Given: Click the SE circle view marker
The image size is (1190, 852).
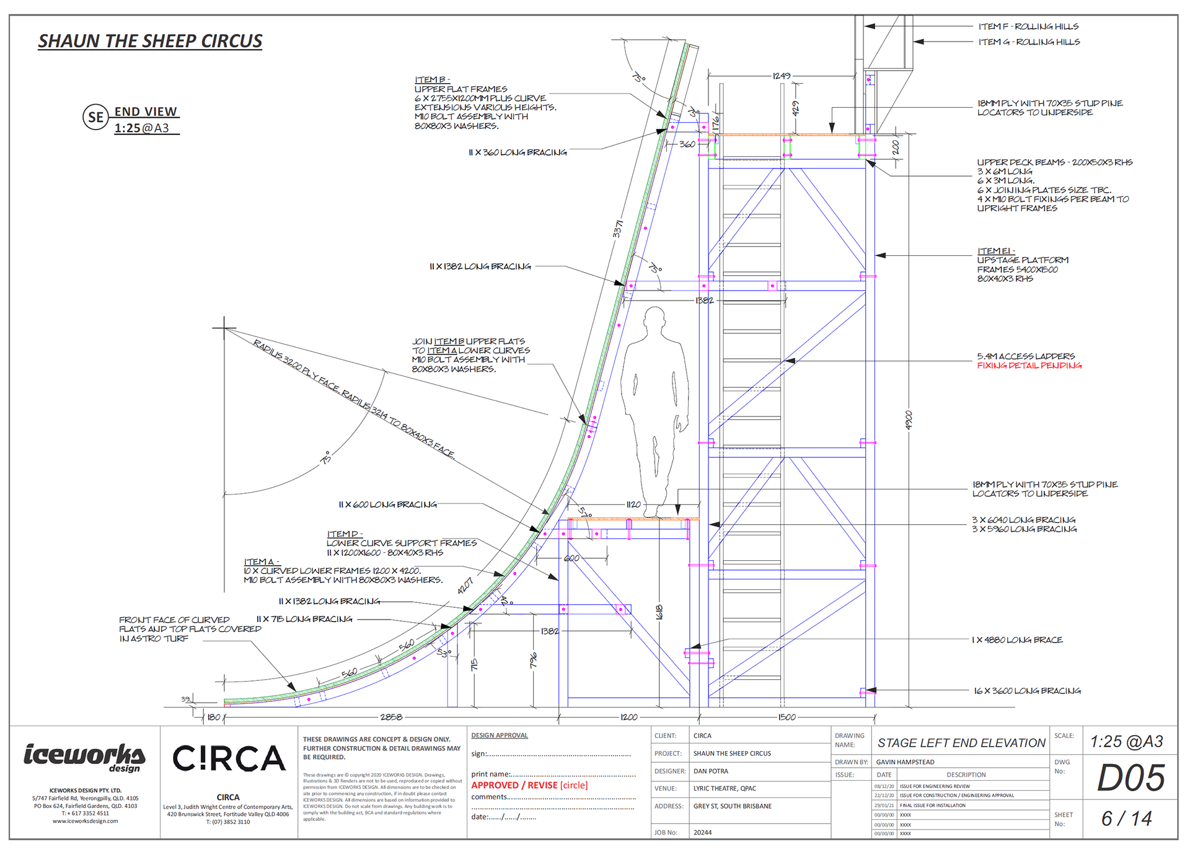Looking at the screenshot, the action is [x=96, y=117].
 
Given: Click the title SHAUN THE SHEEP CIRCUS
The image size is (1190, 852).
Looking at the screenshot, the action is [x=150, y=42].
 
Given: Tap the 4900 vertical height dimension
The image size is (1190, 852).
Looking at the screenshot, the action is [x=909, y=420].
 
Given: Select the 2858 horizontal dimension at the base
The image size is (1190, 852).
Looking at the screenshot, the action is [x=391, y=717].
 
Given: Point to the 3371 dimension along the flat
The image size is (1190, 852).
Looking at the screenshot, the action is [x=618, y=229].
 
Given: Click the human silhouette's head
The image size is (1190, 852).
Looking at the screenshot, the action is [x=654, y=320].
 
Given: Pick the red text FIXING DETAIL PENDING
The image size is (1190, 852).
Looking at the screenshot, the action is [x=1029, y=366].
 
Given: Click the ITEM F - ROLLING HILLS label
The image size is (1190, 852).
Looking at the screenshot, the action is [x=1028, y=27].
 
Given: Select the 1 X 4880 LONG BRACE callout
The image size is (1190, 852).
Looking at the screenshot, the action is [x=1017, y=639].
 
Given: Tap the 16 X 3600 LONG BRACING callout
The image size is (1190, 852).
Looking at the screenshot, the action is [x=1027, y=690].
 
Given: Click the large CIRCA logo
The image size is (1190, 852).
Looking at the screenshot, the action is [x=229, y=759].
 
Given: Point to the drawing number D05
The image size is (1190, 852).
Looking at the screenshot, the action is [x=1130, y=778].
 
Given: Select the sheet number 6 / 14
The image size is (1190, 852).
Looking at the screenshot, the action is [x=1126, y=819].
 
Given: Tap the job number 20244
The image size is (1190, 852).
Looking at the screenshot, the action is [x=702, y=832].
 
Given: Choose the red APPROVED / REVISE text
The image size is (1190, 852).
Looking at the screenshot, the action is [x=514, y=785].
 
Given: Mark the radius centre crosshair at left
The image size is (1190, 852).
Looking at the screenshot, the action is [x=224, y=328].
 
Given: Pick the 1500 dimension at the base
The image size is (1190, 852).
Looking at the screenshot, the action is [x=787, y=717].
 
